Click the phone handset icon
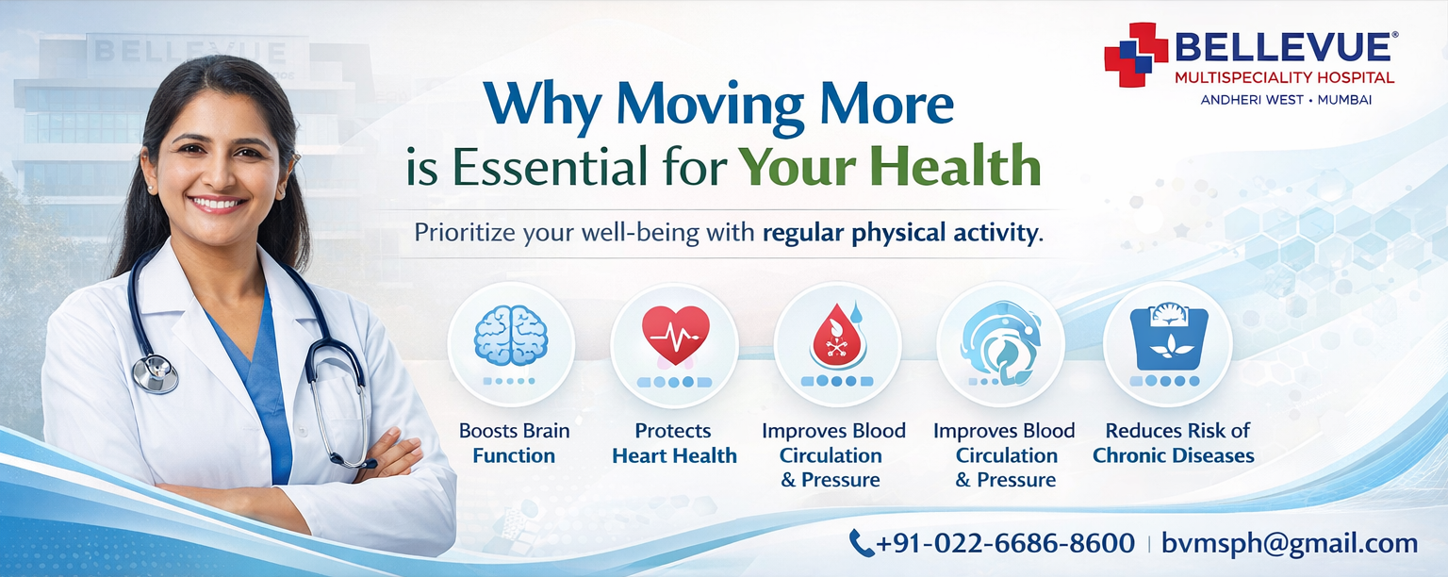coord(861,542)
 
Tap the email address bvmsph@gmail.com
coord(1290,543)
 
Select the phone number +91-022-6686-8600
coord(1005,543)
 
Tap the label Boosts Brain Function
coord(514,443)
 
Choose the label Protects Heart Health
coord(674,443)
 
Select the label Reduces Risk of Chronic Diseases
coord(1174,443)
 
